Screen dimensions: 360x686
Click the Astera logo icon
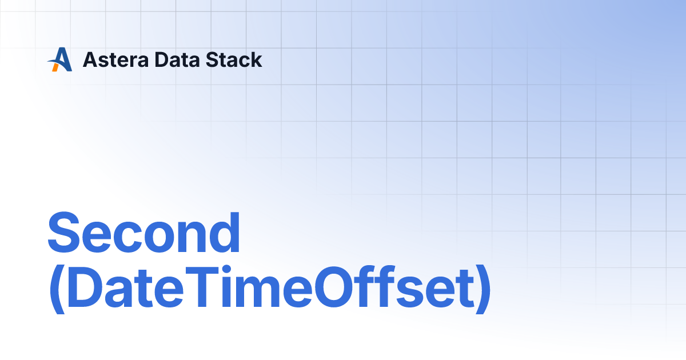pos(59,59)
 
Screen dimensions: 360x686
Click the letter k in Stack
pos(256,59)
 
